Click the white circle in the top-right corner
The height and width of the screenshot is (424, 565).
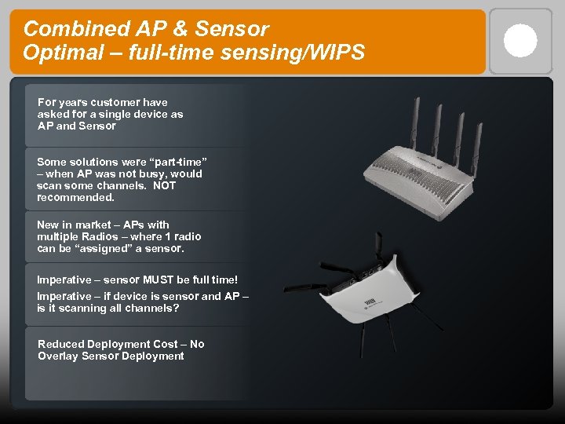click(520, 41)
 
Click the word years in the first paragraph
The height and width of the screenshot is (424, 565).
click(71, 102)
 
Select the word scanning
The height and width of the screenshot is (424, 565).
click(76, 308)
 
